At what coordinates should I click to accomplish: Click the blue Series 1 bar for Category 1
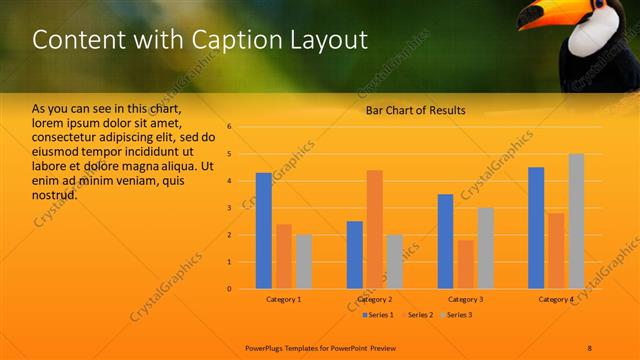click(264, 231)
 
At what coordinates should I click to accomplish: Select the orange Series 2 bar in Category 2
click(374, 229)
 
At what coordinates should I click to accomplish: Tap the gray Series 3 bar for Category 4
click(576, 221)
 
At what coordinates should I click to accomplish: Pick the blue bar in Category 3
click(445, 241)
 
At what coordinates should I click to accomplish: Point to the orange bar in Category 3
click(465, 264)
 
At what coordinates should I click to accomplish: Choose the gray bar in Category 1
click(303, 261)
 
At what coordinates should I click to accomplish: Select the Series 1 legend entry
click(375, 315)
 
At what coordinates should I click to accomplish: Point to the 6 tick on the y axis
click(229, 127)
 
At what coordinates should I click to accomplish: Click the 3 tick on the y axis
click(229, 208)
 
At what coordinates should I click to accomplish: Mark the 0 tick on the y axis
click(229, 289)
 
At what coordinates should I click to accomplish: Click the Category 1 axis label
click(284, 299)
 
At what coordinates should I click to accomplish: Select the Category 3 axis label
click(465, 299)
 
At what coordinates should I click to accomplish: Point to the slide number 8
click(589, 347)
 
